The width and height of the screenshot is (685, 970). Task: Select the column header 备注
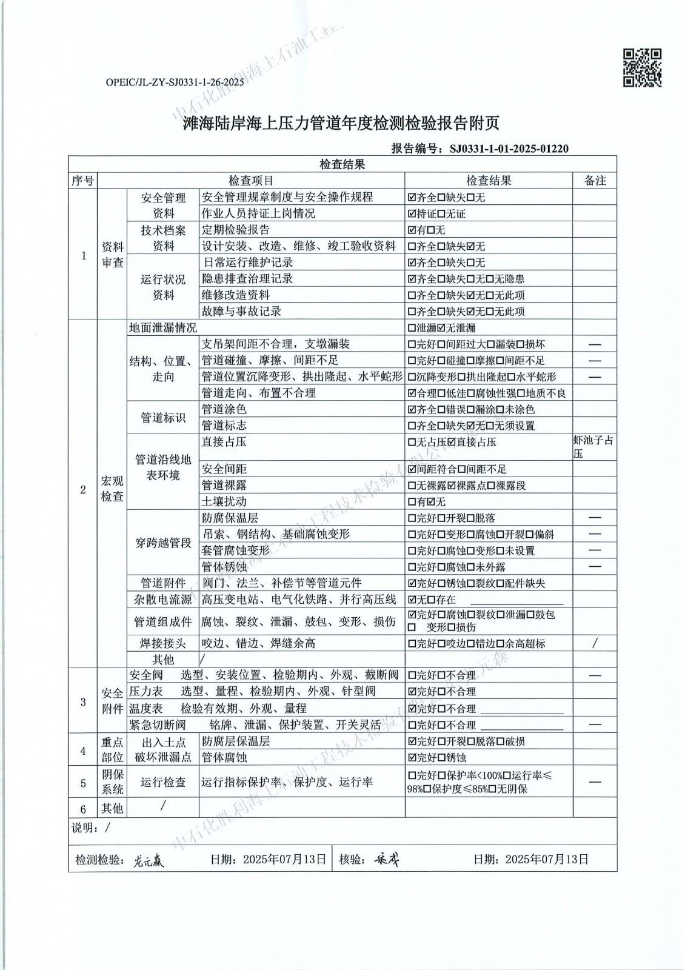tap(595, 181)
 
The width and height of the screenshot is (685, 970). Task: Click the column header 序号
tap(83, 181)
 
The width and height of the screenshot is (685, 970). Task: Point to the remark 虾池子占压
tap(593, 447)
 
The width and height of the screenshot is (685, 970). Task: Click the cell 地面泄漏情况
tap(163, 328)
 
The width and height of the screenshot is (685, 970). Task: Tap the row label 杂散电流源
tap(163, 600)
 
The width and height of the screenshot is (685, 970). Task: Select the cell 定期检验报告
tap(236, 230)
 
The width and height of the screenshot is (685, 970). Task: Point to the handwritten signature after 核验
tap(386, 859)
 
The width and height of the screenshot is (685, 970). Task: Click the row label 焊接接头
tap(163, 643)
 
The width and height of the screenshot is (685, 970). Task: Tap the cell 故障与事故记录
tap(241, 312)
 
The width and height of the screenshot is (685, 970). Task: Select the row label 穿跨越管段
tap(163, 543)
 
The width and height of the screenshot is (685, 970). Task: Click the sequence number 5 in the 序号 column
tap(83, 783)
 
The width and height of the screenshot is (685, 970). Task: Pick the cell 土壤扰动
tap(224, 502)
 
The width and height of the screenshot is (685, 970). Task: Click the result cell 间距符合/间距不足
tap(458, 469)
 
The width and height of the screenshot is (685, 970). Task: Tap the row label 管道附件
tap(163, 583)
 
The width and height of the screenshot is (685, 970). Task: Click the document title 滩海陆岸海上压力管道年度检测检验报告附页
tap(341, 124)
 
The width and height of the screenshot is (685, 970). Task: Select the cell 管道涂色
tap(224, 409)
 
